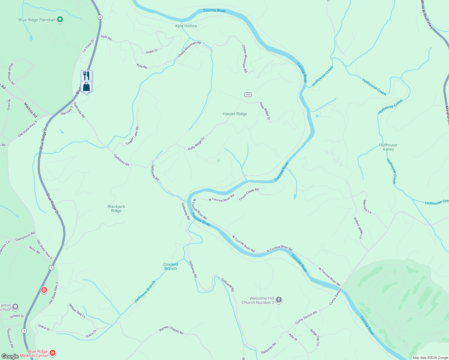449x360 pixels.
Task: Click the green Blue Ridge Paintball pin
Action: tap(60, 20)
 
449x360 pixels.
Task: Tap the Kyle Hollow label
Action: tap(186, 26)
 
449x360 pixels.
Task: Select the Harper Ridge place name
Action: tap(235, 114)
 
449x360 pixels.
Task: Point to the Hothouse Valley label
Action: tap(388, 147)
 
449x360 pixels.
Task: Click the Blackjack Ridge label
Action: tap(116, 208)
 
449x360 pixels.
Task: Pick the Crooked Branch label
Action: tap(170, 266)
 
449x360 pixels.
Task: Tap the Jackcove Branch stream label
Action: tap(145, 292)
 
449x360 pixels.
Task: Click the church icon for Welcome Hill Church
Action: tap(279, 300)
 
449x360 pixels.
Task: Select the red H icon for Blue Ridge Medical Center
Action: tap(53, 353)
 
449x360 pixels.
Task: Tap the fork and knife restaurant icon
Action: tap(86, 75)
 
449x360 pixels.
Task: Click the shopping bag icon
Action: tap(86, 87)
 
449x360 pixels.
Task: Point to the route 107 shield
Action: tap(248, 94)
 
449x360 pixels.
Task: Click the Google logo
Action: tap(10, 356)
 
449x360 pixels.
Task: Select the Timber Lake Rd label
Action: tap(132, 136)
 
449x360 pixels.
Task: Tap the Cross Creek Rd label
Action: tap(249, 194)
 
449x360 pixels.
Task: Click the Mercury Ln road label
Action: tap(367, 207)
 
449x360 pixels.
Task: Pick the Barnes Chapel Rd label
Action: tap(171, 330)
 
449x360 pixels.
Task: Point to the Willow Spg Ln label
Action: tap(77, 311)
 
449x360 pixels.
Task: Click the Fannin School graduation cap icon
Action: tap(15, 307)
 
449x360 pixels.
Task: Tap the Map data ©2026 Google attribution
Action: tap(430, 358)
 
